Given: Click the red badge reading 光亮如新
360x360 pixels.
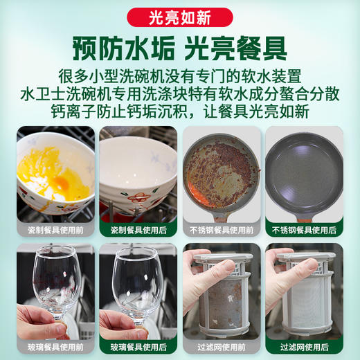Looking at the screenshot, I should pyautogui.click(x=180, y=16).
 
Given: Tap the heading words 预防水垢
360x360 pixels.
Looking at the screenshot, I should pyautogui.click(x=116, y=48).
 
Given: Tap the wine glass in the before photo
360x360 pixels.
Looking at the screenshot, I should pyautogui.click(x=55, y=277).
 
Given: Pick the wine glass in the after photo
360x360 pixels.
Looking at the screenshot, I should pyautogui.click(x=138, y=277).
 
